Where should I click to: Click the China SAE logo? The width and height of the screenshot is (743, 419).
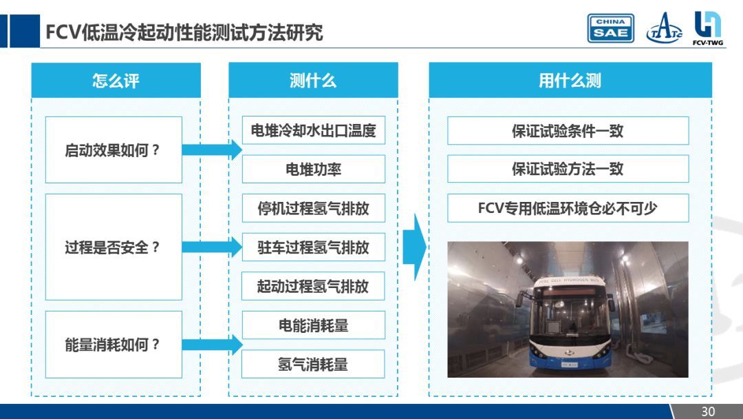click(610, 28)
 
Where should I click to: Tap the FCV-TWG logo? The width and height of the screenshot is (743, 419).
click(707, 28)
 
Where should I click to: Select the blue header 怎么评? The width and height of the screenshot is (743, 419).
click(116, 81)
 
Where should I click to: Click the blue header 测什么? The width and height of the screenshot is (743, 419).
click(313, 81)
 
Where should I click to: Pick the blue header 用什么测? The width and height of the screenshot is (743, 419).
click(570, 81)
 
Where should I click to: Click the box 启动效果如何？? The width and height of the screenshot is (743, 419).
click(114, 150)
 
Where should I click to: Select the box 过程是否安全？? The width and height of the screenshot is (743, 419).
click(114, 247)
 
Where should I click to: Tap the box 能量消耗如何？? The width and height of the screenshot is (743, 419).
click(114, 345)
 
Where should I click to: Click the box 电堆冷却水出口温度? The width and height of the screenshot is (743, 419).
click(313, 131)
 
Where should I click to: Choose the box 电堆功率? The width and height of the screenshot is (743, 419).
click(313, 170)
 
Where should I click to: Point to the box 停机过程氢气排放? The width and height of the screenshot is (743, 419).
click(313, 209)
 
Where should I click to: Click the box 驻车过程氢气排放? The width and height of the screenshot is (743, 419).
click(313, 247)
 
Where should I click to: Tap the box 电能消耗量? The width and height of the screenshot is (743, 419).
click(313, 325)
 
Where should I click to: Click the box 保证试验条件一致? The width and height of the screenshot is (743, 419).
click(568, 131)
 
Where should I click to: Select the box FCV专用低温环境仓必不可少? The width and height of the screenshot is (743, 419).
click(568, 208)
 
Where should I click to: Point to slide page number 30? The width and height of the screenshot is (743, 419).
click(708, 411)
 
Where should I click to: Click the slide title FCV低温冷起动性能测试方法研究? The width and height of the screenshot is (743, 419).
click(184, 32)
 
